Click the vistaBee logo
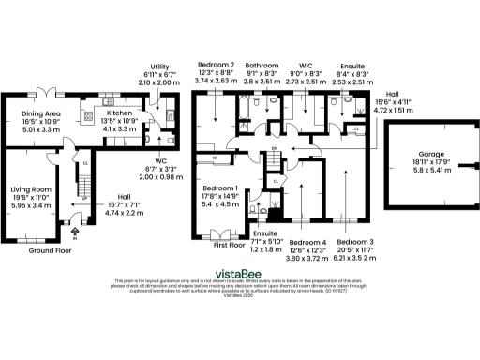click(x=240, y=269)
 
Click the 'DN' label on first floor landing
click(x=275, y=148)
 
